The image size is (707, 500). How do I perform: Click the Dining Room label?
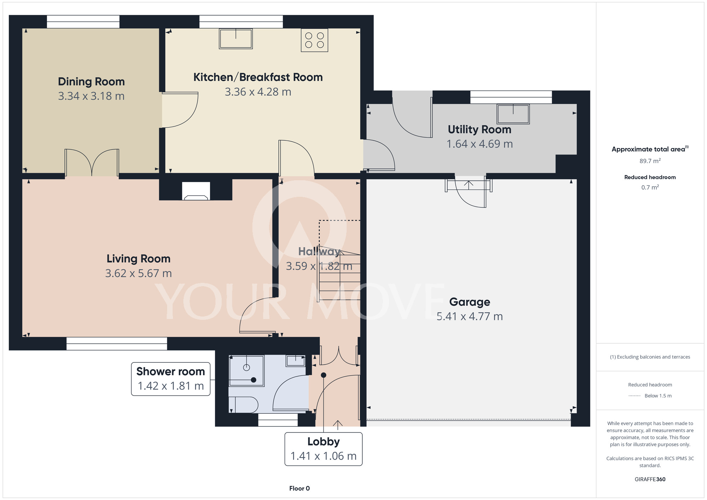tap(91, 82)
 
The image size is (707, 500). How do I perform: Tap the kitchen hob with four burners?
tap(315, 40)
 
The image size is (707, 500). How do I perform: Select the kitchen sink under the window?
tap(236, 39)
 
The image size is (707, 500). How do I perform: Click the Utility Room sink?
tap(513, 114)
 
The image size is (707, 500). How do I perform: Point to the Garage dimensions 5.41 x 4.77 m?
tap(469, 316)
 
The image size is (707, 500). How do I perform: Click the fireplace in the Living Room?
tap(196, 191)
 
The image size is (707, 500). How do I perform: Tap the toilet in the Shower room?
tap(243, 405)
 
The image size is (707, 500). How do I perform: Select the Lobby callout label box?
tap(323, 449)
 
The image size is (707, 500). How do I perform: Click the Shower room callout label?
tap(171, 379)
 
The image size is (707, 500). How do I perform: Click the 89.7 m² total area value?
tap(650, 161)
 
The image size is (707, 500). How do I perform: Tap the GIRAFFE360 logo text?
tap(650, 479)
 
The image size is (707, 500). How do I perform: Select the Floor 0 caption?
tap(299, 488)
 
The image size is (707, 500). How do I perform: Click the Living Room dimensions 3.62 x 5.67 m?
tap(139, 273)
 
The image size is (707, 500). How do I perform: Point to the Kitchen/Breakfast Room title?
tap(258, 77)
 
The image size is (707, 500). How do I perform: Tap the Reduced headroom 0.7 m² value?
tap(650, 187)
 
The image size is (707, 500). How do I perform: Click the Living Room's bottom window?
tap(117, 344)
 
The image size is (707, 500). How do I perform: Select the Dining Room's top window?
tap(83, 22)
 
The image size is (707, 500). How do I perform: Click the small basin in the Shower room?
tap(296, 361)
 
